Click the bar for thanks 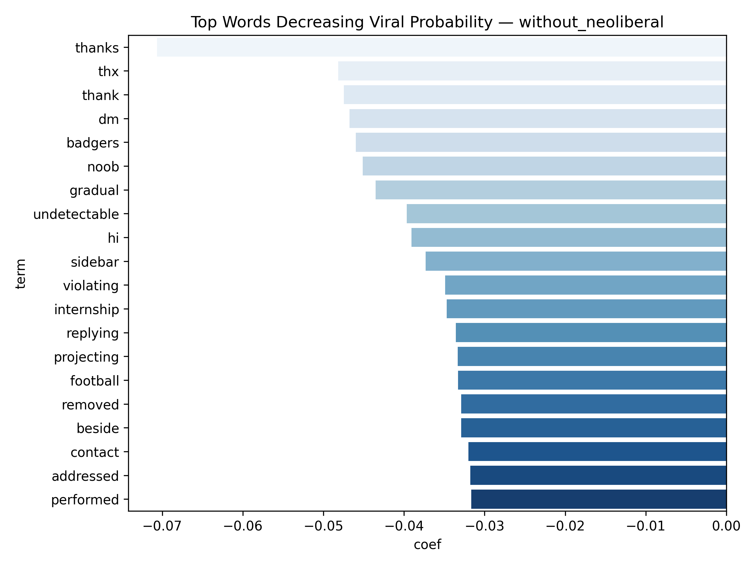441,47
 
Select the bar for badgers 541,142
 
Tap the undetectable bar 566,214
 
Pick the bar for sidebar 575,261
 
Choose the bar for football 592,380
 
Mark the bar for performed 598,499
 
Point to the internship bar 586,309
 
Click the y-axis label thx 108,72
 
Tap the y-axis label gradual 94,190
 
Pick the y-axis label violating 91,286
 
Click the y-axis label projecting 87,357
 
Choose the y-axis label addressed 85,476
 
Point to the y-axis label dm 109,119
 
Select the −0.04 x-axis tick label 404,526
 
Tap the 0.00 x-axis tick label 726,526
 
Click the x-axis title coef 427,545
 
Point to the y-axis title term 21,274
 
